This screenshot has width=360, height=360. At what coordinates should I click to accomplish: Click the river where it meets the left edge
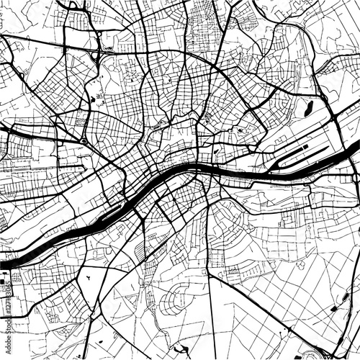point(3,264)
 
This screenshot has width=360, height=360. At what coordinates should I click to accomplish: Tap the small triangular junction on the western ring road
point(86,141)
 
